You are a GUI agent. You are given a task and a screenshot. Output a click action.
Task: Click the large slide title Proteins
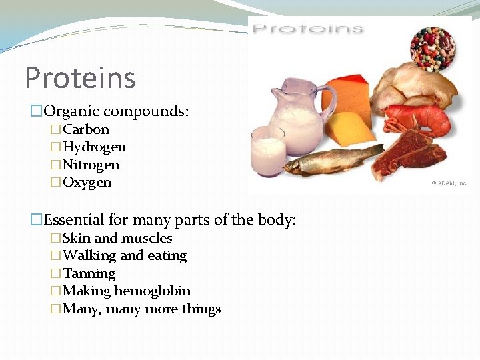coord(80,77)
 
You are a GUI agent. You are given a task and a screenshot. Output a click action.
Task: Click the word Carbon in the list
coord(86,129)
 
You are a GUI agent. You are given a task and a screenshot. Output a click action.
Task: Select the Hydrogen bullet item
coord(94,147)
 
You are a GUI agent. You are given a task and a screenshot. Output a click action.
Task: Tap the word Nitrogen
coord(91,165)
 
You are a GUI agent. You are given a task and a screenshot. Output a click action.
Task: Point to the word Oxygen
coord(87,182)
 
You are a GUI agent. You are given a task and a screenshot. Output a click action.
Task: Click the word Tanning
coord(89,273)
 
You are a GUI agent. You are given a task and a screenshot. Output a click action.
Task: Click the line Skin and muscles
coord(117,238)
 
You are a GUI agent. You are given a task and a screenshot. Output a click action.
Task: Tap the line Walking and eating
coord(125,255)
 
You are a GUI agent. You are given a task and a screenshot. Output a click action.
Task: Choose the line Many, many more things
coord(141,309)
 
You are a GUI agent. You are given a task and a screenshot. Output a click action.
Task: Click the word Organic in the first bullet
coord(70,110)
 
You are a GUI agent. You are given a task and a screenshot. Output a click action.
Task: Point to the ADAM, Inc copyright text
coord(448,183)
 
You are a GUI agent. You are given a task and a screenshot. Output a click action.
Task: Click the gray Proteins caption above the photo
coord(308,29)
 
